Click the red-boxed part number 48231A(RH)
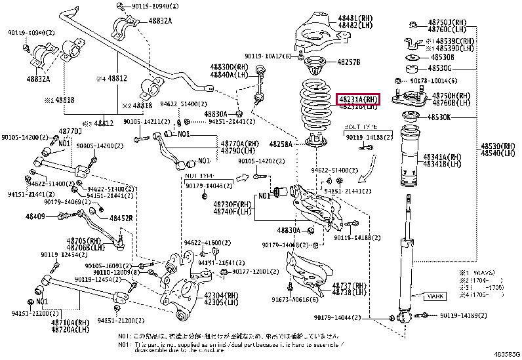(x=358, y=100)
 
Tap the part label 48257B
(x=349, y=62)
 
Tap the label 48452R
(x=121, y=218)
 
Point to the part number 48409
(x=35, y=216)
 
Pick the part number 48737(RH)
(x=348, y=287)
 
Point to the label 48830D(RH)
(x=230, y=68)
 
